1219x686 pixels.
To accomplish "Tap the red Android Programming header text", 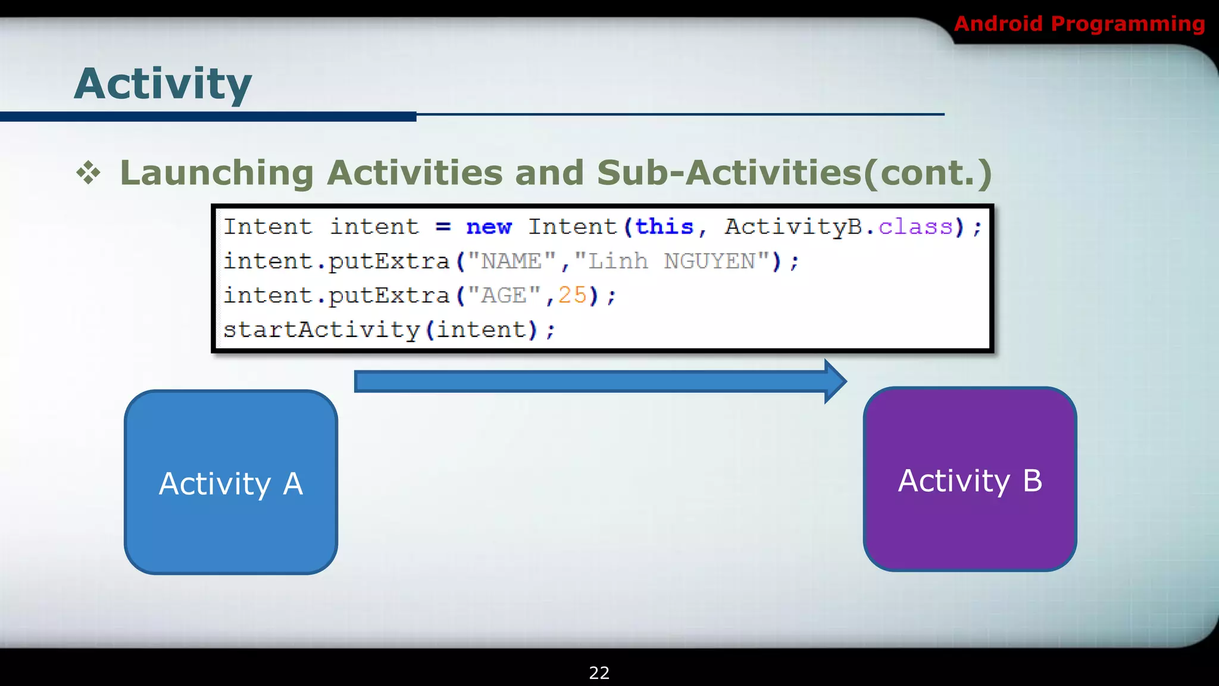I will [1079, 24].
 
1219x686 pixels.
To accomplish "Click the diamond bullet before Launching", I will [88, 173].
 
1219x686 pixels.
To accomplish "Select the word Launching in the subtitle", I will [217, 173].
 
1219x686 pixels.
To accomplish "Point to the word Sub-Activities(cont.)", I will [795, 173].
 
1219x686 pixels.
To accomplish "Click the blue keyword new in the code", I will [489, 227].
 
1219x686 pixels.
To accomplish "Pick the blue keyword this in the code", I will [664, 227].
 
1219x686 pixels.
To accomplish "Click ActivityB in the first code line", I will [793, 227].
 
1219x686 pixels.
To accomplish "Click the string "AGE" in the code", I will [504, 295].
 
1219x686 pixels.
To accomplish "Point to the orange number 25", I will [573, 295].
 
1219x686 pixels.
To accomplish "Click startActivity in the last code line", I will [321, 330].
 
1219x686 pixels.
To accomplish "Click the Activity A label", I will [231, 484].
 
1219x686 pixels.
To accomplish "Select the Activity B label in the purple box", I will [970, 481].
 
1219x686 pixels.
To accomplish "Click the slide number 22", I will [599, 673].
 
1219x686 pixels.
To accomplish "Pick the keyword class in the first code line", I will [916, 227].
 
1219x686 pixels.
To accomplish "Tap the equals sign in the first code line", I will [443, 227].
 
